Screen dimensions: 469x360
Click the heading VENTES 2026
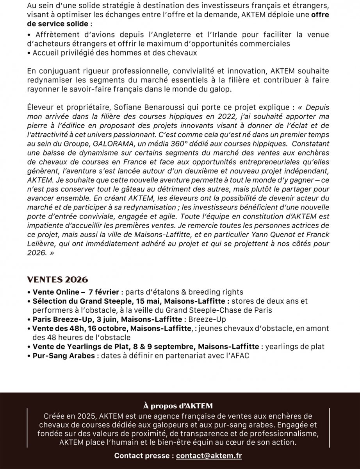[x=57, y=280]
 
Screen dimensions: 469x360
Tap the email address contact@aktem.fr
[x=209, y=456]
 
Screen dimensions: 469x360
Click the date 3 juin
[x=103, y=319]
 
